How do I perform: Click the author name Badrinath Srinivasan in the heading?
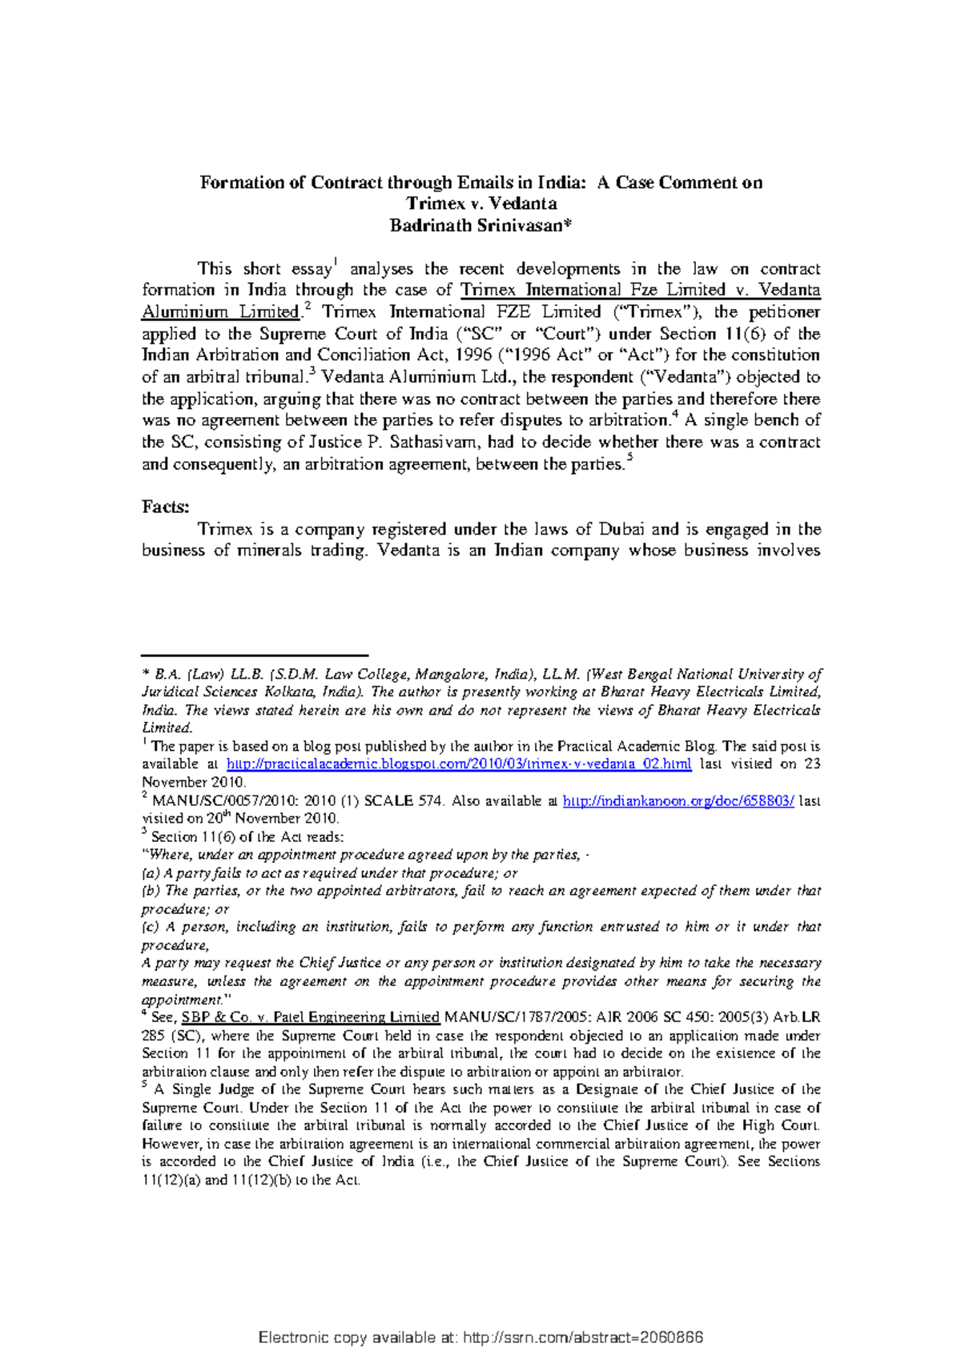[x=480, y=226]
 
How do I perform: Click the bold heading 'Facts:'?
[x=166, y=507]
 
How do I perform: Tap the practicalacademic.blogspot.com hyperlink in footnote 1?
[x=459, y=764]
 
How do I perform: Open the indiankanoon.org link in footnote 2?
[x=679, y=801]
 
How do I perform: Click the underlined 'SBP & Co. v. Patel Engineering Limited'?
[x=311, y=1018]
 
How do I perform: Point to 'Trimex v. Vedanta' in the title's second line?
[x=480, y=204]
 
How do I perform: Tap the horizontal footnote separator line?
[x=254, y=655]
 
